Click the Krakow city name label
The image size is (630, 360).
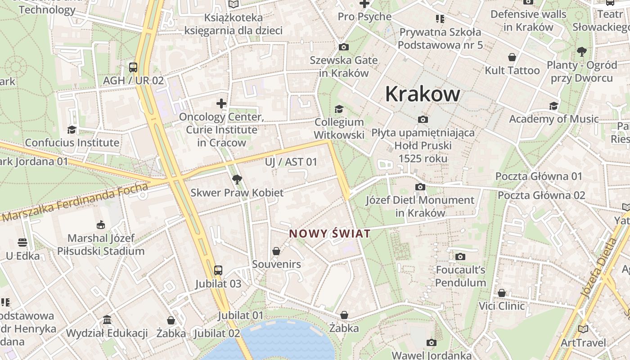(x=423, y=94)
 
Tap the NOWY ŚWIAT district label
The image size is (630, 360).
(x=330, y=234)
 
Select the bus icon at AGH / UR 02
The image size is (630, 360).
(x=133, y=67)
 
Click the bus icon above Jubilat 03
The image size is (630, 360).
(x=218, y=270)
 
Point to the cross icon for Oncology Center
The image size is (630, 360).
(x=221, y=103)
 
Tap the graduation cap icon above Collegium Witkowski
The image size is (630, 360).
(x=339, y=109)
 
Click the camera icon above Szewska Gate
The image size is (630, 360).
(x=344, y=47)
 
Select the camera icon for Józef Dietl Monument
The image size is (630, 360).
(x=420, y=187)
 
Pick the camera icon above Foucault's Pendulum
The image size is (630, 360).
(x=460, y=256)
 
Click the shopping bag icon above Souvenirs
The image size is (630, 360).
(x=276, y=251)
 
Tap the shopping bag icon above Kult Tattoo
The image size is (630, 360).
(x=512, y=57)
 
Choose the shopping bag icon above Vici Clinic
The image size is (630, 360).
(x=502, y=293)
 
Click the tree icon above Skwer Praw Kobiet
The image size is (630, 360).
(x=237, y=180)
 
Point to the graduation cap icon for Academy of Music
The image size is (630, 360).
(x=553, y=106)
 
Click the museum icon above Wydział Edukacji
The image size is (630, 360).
(x=107, y=320)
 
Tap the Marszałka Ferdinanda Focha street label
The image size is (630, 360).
(x=75, y=202)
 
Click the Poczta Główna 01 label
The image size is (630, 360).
(x=539, y=176)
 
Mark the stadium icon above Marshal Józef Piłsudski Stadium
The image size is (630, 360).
(x=101, y=225)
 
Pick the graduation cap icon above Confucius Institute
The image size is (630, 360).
(x=72, y=130)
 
